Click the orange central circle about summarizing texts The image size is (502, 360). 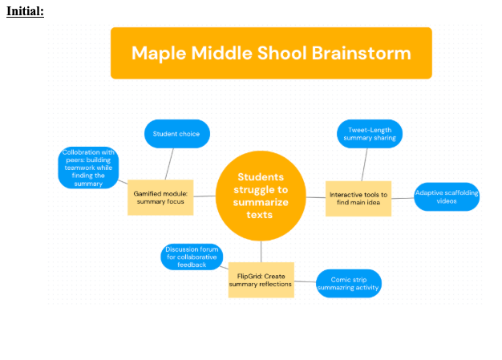pos(261,195)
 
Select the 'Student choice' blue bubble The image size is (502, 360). pos(177,134)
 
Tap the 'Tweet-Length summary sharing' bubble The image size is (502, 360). pos(370,134)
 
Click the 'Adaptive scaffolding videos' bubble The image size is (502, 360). pos(447,196)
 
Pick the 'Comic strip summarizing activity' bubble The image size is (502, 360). pos(348,283)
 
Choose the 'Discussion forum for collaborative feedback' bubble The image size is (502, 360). pos(192,257)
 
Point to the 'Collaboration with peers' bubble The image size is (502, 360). pos(88,168)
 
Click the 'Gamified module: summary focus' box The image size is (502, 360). pos(160,197)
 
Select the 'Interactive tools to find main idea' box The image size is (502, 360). pos(358,198)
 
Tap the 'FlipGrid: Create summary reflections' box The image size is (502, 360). pos(261,280)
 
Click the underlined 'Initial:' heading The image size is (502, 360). pos(25,11)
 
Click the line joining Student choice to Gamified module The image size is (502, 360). pos(169,164)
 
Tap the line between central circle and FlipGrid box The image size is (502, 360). pos(261,252)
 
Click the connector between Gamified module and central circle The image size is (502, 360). pos(204,196)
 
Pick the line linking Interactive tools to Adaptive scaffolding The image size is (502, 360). pos(403,198)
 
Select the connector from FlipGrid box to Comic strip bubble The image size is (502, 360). pos(305,282)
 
